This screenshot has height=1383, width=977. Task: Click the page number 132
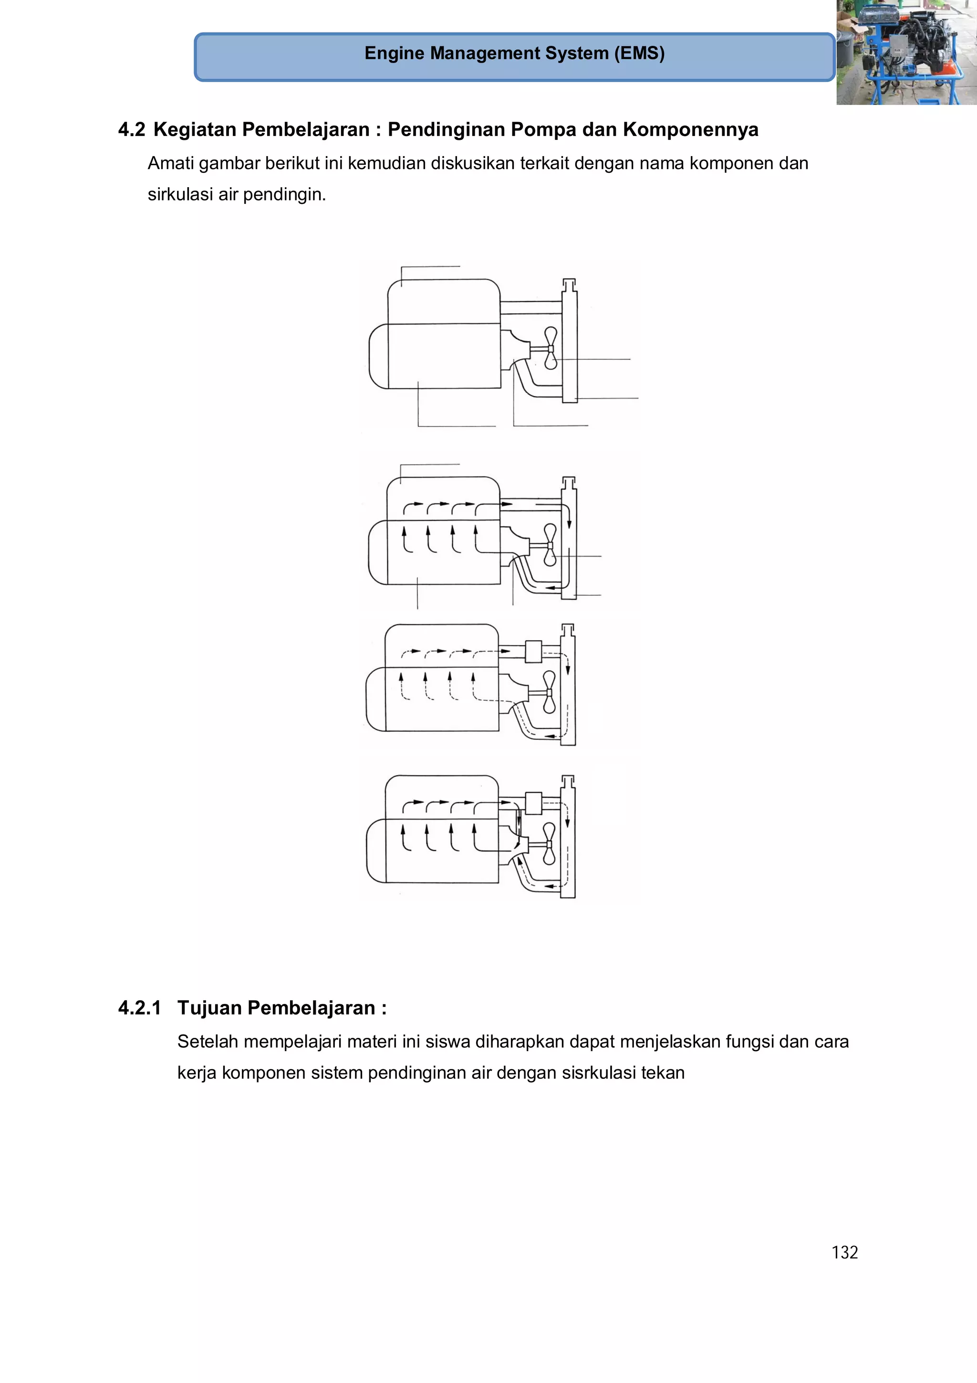[844, 1252]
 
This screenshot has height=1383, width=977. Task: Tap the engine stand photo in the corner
[906, 53]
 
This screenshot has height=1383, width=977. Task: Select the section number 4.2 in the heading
[131, 129]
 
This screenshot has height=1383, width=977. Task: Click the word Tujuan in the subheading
[209, 1008]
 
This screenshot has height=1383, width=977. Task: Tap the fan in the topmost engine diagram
[550, 348]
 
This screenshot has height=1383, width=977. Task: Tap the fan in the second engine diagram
[550, 545]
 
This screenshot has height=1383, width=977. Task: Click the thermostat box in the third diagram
[533, 651]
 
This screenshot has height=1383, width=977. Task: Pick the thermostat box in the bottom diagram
[533, 803]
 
